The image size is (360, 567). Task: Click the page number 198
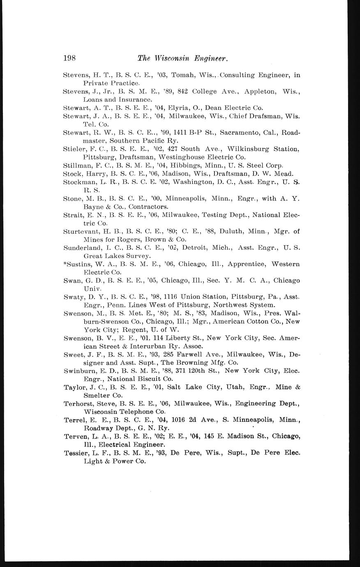coord(69,58)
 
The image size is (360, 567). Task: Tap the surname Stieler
coord(74,149)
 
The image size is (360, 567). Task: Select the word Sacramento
coord(239,132)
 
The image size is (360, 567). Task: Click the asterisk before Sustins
coord(65,263)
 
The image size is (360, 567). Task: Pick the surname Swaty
coord(73,297)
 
